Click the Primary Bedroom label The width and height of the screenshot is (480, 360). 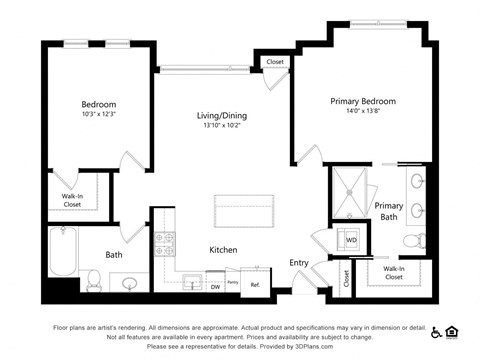coord(363,101)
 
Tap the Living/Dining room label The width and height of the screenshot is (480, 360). coord(221,116)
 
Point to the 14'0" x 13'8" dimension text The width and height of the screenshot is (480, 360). coord(363,112)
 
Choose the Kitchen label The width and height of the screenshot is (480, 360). coord(223,249)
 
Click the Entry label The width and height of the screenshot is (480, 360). coord(299,263)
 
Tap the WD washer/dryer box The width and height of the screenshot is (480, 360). coord(351,240)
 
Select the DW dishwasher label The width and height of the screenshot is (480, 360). coord(215,287)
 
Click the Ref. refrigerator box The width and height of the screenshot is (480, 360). coord(255,285)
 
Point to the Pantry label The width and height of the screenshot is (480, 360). coord(232,284)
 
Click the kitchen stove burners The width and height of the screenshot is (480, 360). coord(163,243)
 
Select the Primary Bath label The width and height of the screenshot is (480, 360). coord(389,211)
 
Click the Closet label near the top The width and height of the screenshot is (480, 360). coord(274,63)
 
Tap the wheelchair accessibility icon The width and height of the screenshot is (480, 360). coord(436,331)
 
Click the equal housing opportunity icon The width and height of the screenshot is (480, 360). coord(452,331)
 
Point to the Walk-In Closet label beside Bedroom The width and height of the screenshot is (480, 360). coord(72,200)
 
